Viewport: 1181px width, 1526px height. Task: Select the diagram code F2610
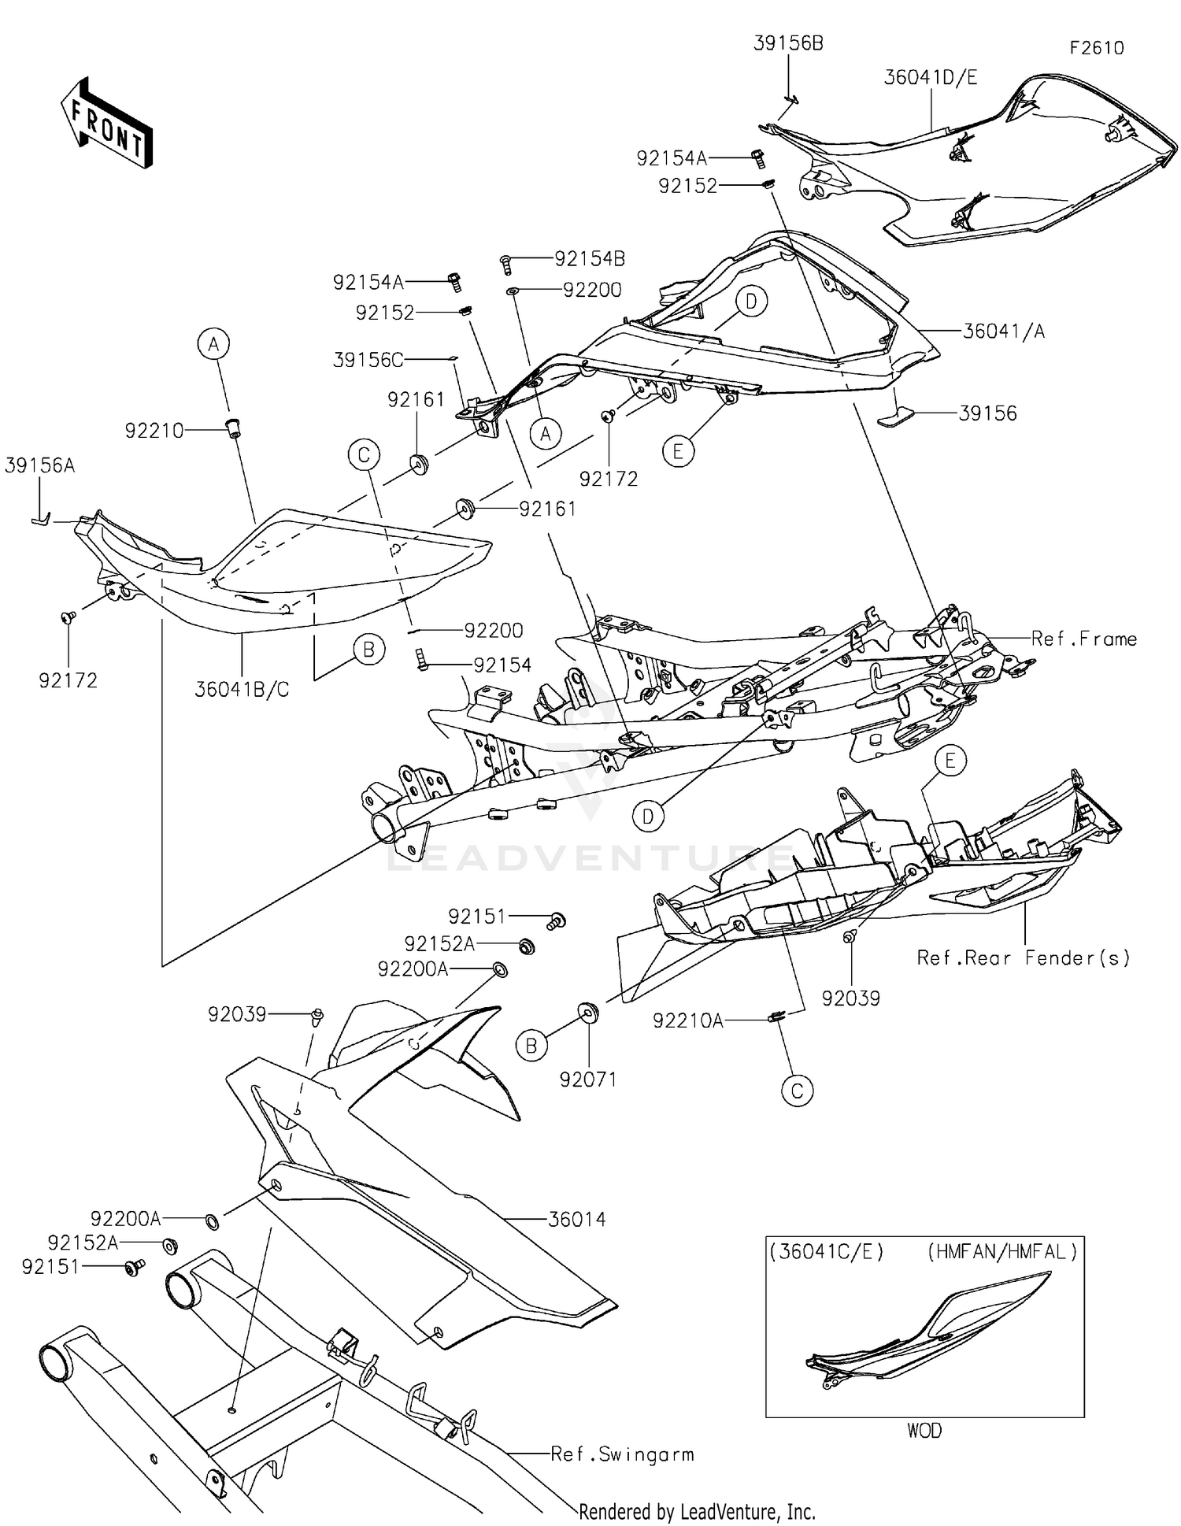(x=1096, y=48)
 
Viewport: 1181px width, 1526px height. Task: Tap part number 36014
(x=576, y=1220)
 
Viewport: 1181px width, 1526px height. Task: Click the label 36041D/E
(x=930, y=77)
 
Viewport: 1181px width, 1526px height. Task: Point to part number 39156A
(x=39, y=465)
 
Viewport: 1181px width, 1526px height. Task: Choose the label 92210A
(x=687, y=1020)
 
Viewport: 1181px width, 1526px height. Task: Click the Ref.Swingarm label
(x=622, y=1454)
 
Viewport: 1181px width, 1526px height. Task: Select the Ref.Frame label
(x=1083, y=639)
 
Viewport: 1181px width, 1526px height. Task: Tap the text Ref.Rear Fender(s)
(x=1023, y=957)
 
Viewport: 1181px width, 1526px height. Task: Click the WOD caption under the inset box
(x=924, y=1430)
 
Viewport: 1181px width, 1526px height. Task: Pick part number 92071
(x=587, y=1080)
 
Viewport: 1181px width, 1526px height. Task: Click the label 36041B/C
(x=242, y=690)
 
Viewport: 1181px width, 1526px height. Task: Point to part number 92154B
(x=589, y=258)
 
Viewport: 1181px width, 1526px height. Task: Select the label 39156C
(x=368, y=360)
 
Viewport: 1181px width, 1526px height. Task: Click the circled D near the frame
(x=647, y=817)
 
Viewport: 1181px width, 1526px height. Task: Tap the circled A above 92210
(x=213, y=343)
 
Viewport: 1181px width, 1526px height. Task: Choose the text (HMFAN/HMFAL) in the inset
(x=1001, y=1252)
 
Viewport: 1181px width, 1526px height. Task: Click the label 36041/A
(x=1003, y=331)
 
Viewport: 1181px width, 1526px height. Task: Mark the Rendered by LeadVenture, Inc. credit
(x=697, y=1511)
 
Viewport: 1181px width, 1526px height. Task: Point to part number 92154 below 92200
(x=502, y=665)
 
